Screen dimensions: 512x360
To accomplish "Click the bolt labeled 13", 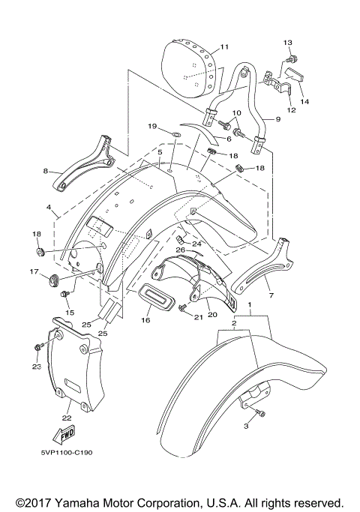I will coord(292,58).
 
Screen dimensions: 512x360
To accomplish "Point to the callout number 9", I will coord(277,119).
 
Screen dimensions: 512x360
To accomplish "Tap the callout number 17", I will coord(34,272).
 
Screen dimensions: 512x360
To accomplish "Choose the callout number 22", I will coord(66,418).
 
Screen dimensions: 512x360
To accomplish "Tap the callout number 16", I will coord(145,320).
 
